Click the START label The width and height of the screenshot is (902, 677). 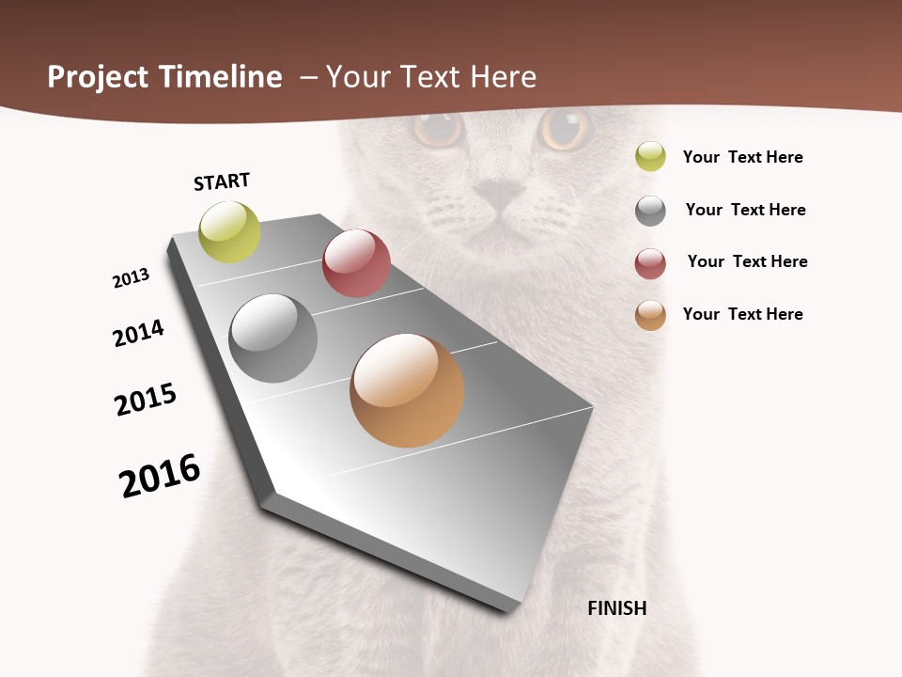[x=222, y=181]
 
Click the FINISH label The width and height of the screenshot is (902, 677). [x=616, y=608]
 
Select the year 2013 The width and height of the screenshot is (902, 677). [x=132, y=278]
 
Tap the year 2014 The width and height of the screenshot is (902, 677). [x=139, y=333]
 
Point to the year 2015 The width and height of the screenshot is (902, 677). [x=146, y=400]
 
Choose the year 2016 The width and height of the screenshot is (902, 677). [x=160, y=476]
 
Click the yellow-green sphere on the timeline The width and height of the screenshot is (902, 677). [x=230, y=232]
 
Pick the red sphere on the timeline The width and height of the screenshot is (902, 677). [x=356, y=263]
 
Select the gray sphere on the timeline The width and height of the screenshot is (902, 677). [x=273, y=338]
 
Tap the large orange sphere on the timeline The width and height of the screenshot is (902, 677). [x=407, y=390]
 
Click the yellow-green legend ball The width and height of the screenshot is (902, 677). [x=650, y=156]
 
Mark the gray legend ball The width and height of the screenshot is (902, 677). [x=650, y=211]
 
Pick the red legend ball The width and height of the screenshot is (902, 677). [x=650, y=263]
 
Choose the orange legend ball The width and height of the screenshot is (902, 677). [x=650, y=315]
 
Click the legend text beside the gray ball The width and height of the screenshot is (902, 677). [x=745, y=210]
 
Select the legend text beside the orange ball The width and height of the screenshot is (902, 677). [x=742, y=314]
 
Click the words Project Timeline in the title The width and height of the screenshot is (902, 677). [x=164, y=77]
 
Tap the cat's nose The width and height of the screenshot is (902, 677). [x=499, y=193]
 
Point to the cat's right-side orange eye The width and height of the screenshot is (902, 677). [x=565, y=129]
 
